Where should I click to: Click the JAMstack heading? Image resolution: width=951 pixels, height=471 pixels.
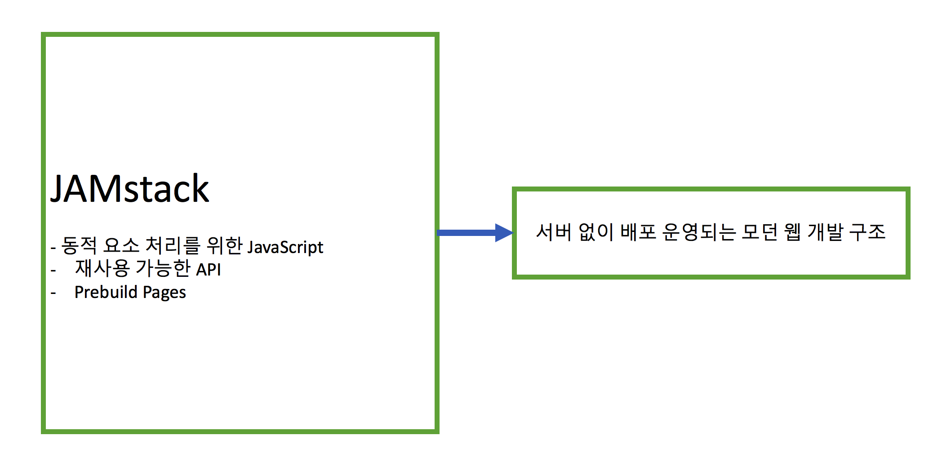129,189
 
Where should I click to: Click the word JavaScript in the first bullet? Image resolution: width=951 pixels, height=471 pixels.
285,247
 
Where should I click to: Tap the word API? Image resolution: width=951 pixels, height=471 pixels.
209,270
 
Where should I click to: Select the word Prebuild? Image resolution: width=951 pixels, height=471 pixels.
106,292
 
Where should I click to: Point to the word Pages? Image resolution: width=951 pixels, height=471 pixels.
164,293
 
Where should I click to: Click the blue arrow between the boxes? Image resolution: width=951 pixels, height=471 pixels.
467,233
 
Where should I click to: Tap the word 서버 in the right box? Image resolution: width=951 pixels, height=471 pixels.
554,232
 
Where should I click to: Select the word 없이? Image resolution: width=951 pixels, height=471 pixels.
596,232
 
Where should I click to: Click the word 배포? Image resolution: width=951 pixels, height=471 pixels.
638,232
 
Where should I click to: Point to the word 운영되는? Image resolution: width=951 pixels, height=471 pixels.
699,232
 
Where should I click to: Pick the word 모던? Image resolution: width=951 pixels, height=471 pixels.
760,232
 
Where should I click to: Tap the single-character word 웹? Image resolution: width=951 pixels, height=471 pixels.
792,232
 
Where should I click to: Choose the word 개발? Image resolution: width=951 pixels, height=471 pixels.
825,232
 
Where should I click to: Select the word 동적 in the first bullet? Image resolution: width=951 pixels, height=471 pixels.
79,246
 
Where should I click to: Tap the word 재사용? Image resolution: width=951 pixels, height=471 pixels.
102,268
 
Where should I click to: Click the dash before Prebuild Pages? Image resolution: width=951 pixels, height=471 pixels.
53,293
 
